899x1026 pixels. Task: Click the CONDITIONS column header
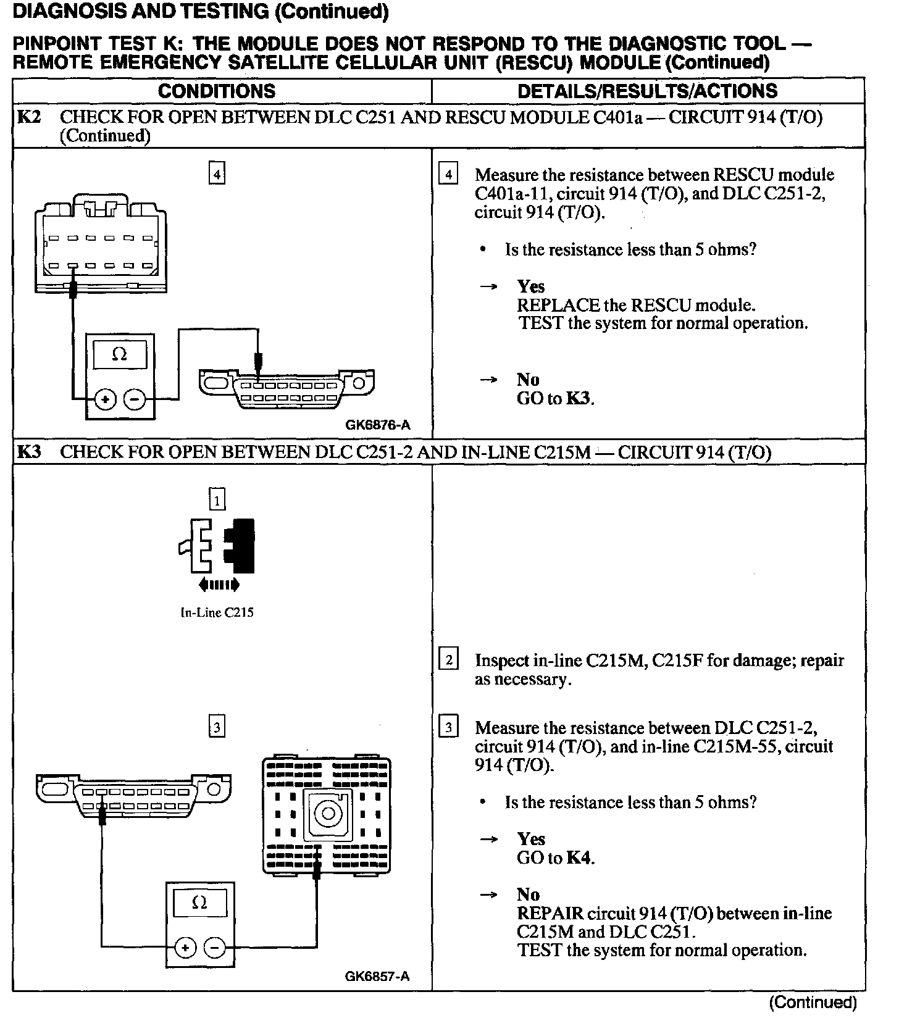coord(217,91)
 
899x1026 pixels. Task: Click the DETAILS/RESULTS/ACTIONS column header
coord(647,91)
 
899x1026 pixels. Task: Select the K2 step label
coord(28,117)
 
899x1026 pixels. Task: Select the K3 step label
coord(28,452)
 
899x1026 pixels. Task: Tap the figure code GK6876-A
coord(378,425)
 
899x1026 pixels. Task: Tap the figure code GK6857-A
coord(377,976)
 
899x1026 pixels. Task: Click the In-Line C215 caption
coord(217,613)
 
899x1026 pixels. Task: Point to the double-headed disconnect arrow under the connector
coord(217,585)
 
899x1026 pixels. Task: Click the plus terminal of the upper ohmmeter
coord(105,399)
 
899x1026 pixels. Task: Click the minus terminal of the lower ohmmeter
coord(214,946)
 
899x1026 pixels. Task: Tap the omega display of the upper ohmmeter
coord(120,354)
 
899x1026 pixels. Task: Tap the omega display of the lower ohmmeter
coord(199,903)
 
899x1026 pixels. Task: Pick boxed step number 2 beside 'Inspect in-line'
coord(448,660)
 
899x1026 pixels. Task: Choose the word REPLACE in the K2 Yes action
coord(558,305)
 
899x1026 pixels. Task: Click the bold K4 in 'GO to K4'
coord(579,857)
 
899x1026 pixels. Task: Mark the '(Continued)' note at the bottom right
coord(813,1003)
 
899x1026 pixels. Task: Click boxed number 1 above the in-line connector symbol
coord(217,499)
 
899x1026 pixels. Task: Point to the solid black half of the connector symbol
coord(241,546)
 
